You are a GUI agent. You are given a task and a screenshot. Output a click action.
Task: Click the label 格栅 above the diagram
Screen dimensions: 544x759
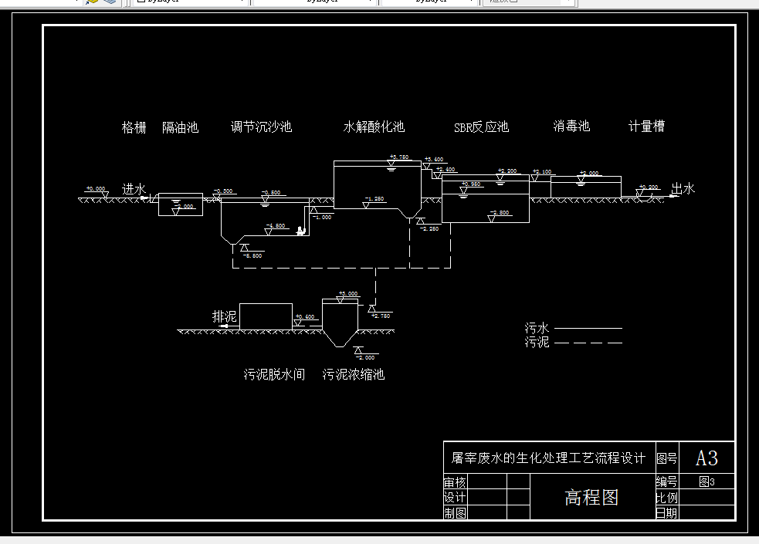(134, 127)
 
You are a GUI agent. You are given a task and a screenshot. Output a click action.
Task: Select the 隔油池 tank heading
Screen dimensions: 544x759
(181, 127)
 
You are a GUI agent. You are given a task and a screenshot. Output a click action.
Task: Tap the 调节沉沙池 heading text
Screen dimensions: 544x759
(261, 127)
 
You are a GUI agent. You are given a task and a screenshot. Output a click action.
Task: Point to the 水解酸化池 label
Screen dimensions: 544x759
(374, 127)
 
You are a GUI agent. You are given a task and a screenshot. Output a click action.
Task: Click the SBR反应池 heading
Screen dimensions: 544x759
(481, 127)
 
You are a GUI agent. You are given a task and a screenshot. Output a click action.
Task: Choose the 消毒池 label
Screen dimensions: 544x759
(571, 126)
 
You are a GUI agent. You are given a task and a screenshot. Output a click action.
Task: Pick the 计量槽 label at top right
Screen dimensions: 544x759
(646, 126)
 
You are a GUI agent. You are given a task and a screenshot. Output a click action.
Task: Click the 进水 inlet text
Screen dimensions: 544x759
(134, 189)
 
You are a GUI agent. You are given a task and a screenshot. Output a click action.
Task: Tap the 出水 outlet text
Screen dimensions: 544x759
(683, 188)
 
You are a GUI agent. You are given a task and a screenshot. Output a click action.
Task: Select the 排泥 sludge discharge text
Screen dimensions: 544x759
(225, 317)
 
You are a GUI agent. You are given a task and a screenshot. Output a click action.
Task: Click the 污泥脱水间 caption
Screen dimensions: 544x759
(274, 375)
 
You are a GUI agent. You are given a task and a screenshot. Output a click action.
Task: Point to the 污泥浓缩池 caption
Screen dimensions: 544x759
(354, 375)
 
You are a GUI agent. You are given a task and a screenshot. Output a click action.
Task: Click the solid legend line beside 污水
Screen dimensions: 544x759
(588, 329)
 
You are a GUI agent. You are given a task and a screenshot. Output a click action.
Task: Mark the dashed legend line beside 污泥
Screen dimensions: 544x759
(588, 342)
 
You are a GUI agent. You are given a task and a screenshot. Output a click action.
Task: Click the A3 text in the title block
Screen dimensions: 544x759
(706, 458)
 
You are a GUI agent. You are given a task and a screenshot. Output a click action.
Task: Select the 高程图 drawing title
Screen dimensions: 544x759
(591, 498)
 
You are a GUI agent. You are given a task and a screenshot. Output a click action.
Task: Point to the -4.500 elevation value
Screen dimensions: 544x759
(275, 226)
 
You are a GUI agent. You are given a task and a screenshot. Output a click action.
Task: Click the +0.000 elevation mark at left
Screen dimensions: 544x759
(96, 188)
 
